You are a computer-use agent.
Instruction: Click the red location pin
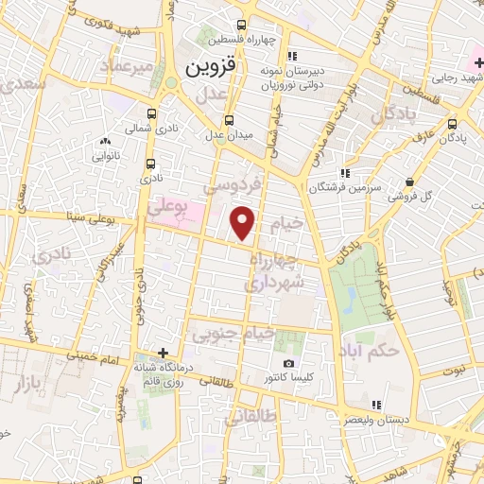[243, 223]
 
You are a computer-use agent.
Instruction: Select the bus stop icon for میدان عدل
[229, 120]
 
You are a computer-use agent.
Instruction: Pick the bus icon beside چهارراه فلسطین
[242, 25]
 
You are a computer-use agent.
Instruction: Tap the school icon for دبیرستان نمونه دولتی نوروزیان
[292, 54]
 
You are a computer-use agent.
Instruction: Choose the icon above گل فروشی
[408, 181]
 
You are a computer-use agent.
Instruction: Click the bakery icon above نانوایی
[104, 142]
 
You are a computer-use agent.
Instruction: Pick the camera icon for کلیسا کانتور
[288, 364]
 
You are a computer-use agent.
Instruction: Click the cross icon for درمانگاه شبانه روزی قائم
[164, 354]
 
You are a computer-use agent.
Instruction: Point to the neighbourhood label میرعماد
[128, 66]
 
